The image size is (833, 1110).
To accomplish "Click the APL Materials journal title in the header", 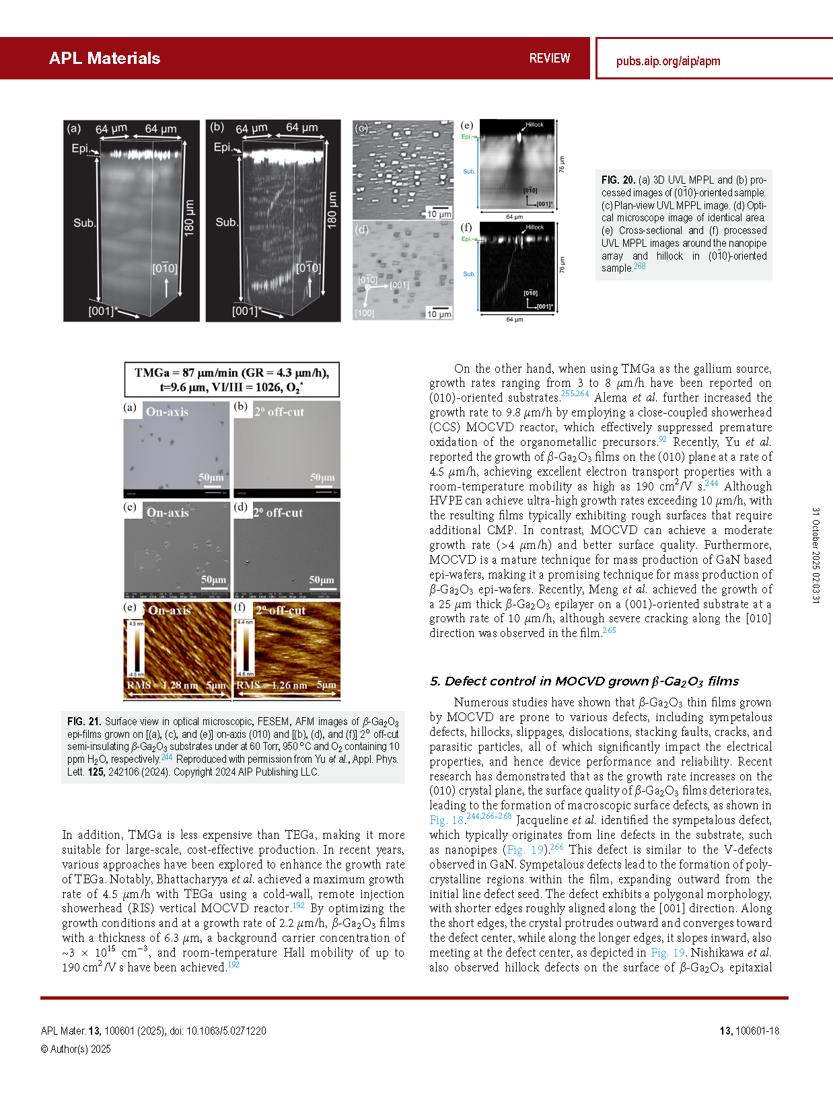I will [x=104, y=59].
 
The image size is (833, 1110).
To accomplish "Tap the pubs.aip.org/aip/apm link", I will [x=667, y=61].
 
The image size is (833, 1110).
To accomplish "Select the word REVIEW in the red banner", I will [x=549, y=59].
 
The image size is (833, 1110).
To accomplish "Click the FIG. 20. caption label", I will [x=618, y=180].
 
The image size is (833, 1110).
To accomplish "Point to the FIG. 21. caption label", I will [x=84, y=722].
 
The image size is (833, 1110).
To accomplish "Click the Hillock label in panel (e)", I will [x=534, y=124].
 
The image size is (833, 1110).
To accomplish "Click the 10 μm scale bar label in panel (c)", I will [x=440, y=214].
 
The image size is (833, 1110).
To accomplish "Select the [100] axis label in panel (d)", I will [x=364, y=313].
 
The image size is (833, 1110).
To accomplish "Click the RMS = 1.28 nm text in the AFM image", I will [x=162, y=686].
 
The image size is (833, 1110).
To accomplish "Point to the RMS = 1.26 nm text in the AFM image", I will [x=272, y=686].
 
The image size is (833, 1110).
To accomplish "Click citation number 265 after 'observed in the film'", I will [x=609, y=630].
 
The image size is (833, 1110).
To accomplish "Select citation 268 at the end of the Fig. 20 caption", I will [x=639, y=266].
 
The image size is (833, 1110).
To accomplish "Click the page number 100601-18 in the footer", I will [x=749, y=1031].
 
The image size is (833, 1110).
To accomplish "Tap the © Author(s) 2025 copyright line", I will [x=75, y=1049].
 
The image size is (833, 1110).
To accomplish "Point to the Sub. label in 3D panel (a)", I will [x=84, y=223].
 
